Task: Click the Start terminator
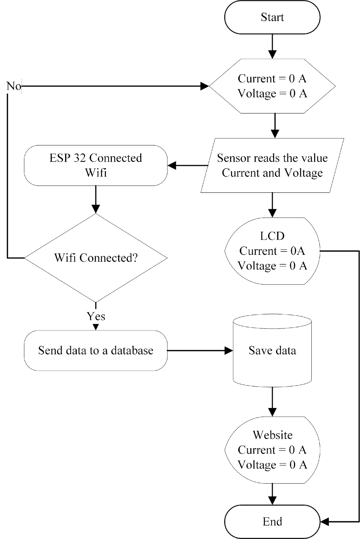click(x=272, y=17)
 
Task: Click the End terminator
click(x=272, y=521)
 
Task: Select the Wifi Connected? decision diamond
click(x=96, y=258)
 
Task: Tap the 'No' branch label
click(x=13, y=86)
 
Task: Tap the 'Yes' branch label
click(x=96, y=316)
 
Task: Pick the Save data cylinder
click(x=272, y=351)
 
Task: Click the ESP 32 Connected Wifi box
click(x=96, y=165)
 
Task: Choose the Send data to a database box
click(x=96, y=351)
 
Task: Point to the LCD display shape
click(x=272, y=251)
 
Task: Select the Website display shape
click(x=272, y=450)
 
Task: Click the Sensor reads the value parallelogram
click(x=272, y=165)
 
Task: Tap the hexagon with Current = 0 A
click(x=272, y=86)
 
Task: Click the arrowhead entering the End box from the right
click(x=325, y=521)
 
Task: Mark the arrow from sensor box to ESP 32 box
click(x=188, y=165)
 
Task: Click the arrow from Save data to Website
click(x=272, y=402)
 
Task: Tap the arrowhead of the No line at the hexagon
click(x=205, y=86)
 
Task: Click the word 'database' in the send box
click(x=132, y=351)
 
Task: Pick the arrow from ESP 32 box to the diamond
click(x=96, y=200)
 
